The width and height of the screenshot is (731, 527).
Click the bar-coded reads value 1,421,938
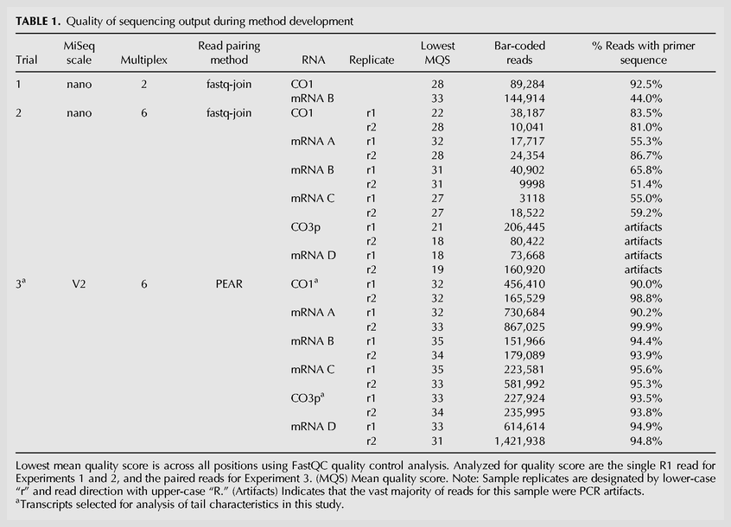click(x=519, y=441)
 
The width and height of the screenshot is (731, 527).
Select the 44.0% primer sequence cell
click(x=645, y=98)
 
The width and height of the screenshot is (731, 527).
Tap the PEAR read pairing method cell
click(x=229, y=283)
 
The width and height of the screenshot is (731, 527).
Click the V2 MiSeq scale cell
click(x=79, y=283)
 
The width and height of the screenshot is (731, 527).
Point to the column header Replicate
click(x=372, y=60)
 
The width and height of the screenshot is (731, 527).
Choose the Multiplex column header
click(x=143, y=60)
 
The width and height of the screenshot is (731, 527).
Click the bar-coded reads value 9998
click(x=532, y=184)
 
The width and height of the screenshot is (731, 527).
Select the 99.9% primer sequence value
click(x=645, y=327)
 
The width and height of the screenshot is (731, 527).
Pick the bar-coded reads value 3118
click(x=532, y=198)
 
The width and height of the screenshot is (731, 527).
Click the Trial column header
click(x=27, y=60)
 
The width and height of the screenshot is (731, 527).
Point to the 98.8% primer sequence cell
click(x=645, y=298)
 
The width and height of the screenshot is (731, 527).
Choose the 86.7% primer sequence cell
click(x=645, y=156)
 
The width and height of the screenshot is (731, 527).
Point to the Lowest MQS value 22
click(x=437, y=113)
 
